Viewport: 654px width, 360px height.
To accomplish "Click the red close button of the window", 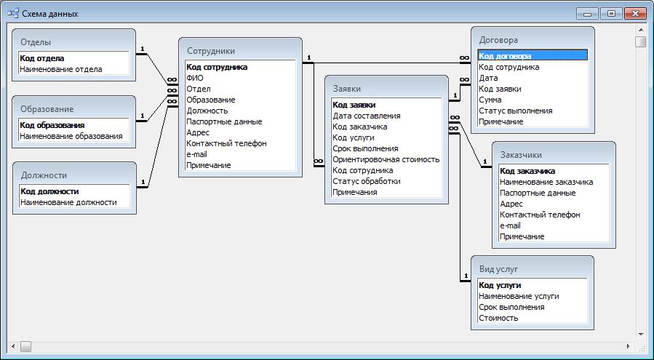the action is [x=635, y=13].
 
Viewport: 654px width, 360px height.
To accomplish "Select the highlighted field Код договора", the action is [x=505, y=56].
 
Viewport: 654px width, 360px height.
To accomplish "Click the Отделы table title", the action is [x=36, y=42].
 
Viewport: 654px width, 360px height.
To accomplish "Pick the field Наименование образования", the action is [x=71, y=136].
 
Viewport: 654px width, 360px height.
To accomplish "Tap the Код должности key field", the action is [x=49, y=191].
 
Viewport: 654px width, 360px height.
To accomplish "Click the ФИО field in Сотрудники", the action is [x=195, y=78].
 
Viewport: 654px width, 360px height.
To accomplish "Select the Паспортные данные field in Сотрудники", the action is [x=224, y=121].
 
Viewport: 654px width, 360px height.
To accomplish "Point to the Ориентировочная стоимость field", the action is [x=386, y=159].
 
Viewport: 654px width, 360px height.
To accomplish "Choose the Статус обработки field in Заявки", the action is [x=367, y=181].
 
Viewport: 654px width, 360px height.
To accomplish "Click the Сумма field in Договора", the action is [x=490, y=100].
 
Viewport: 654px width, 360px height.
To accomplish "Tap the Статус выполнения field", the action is [x=516, y=111].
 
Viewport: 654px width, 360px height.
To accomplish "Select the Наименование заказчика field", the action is [x=546, y=182].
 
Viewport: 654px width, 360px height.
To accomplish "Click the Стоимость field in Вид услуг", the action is [x=498, y=318].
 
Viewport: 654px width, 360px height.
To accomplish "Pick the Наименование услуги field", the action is [x=519, y=296].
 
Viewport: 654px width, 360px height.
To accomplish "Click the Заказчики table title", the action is [x=521, y=155].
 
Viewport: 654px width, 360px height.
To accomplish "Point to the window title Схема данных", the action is [x=50, y=14].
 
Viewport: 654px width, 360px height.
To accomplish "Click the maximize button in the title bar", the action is [x=612, y=13].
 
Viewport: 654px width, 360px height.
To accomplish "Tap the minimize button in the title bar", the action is [x=588, y=13].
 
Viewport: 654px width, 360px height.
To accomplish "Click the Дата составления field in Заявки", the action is [x=367, y=116].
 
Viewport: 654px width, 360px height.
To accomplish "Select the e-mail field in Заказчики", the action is [x=510, y=225].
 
